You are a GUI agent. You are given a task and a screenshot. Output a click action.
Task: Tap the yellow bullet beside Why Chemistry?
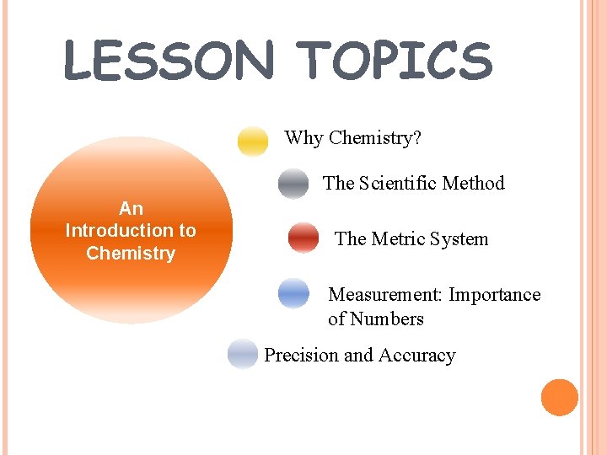pyautogui.click(x=252, y=141)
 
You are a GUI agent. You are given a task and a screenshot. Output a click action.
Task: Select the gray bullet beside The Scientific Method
pyautogui.click(x=293, y=184)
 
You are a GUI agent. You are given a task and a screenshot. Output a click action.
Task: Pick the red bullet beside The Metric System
pyautogui.click(x=303, y=238)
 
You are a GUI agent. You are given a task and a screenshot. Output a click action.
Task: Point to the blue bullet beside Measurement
pyautogui.click(x=293, y=294)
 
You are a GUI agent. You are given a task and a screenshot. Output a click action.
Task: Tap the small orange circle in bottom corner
pyautogui.click(x=559, y=398)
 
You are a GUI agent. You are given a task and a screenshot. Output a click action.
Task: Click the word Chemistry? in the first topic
pyautogui.click(x=376, y=138)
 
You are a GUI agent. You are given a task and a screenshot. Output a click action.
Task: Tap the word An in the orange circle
pyautogui.click(x=131, y=208)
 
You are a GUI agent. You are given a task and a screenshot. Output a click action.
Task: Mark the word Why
pyautogui.click(x=303, y=138)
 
